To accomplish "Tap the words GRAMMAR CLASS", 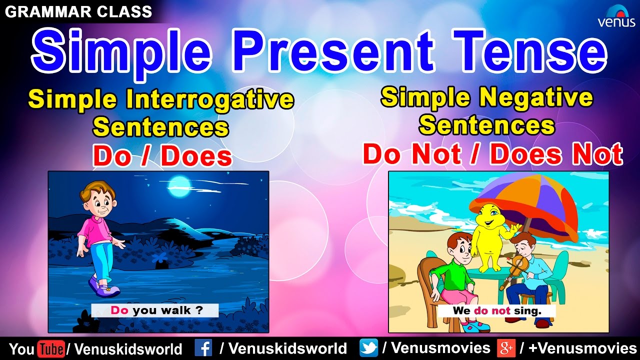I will pyautogui.click(x=78, y=11).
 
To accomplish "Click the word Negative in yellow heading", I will pyautogui.click(x=533, y=97).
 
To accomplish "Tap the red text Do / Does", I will pyautogui.click(x=162, y=156).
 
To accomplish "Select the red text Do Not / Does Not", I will pyautogui.click(x=492, y=153).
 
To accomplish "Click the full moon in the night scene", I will pyautogui.click(x=179, y=186).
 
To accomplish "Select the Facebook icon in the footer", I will pyautogui.click(x=203, y=348).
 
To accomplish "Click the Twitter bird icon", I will pyautogui.click(x=368, y=348).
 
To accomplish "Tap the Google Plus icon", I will pyautogui.click(x=506, y=348).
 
